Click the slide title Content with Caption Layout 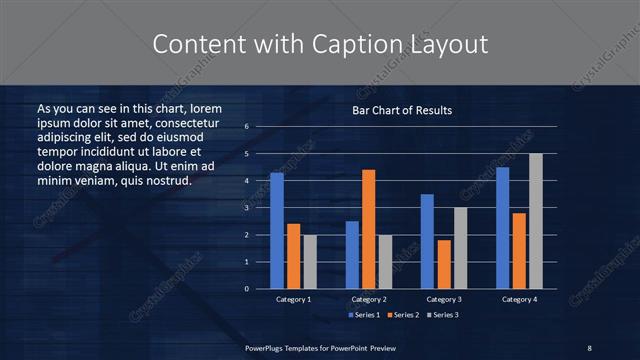tap(319, 44)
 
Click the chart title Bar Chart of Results tap(402, 110)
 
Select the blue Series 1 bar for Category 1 tap(277, 231)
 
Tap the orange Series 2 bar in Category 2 tap(369, 229)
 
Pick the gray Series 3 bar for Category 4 tap(536, 221)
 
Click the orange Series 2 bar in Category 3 tap(443, 264)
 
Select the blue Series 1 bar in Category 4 tap(502, 228)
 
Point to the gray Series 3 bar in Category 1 tap(310, 262)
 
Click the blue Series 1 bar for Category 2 tap(352, 255)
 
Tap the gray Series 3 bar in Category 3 tap(460, 248)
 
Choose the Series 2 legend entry tap(402, 314)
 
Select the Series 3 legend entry tap(443, 314)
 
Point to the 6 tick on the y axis tap(246, 127)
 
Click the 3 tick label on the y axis tap(246, 208)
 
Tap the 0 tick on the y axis tap(246, 289)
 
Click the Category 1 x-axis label tap(294, 299)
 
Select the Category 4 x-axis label tap(519, 299)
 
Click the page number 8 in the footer tap(589, 347)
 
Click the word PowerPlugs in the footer tap(266, 347)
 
